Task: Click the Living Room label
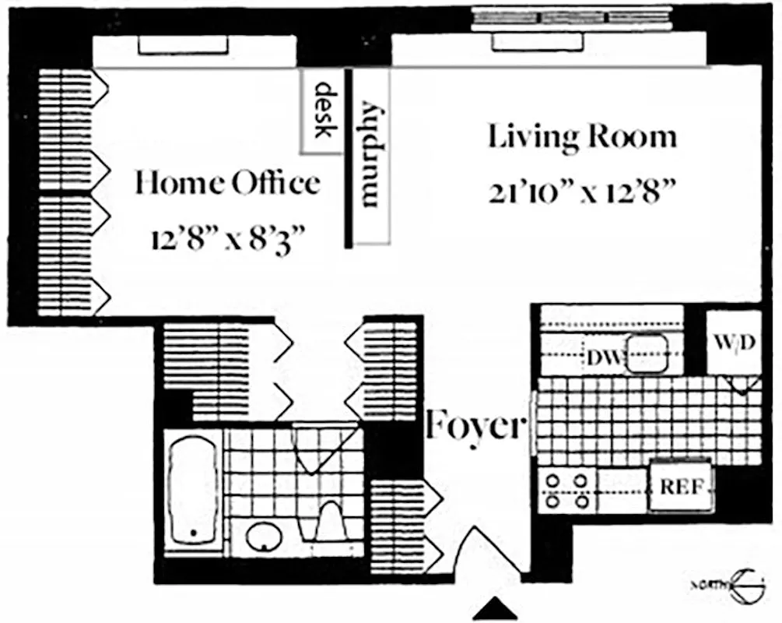582,137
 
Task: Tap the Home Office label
226,184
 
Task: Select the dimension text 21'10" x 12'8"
581,192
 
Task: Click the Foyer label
475,426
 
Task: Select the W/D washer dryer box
734,343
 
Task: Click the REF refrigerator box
682,487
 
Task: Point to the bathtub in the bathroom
191,491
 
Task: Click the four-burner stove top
566,491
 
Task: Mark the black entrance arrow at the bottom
495,609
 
